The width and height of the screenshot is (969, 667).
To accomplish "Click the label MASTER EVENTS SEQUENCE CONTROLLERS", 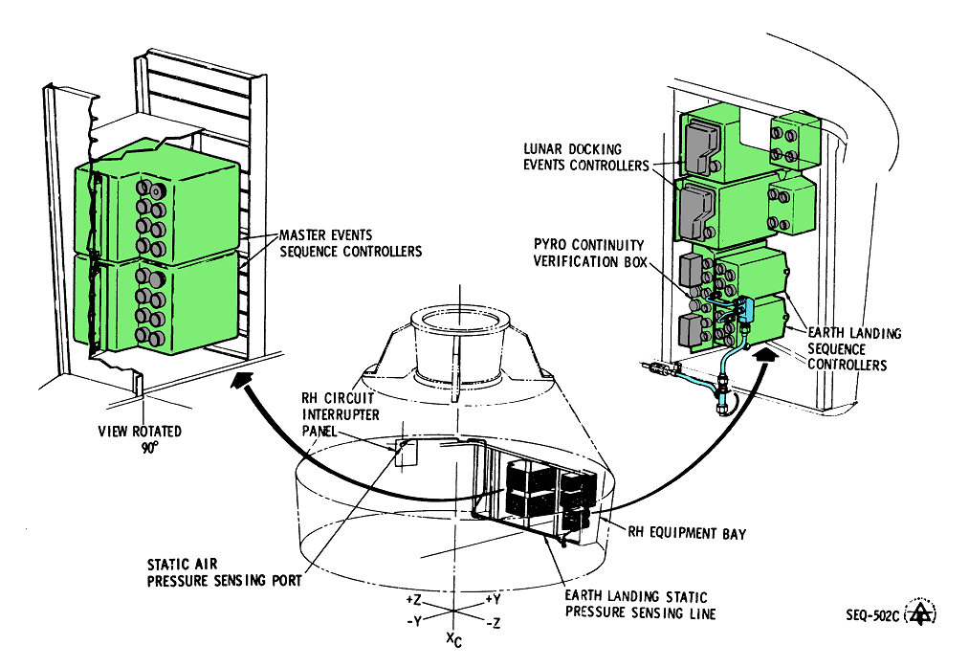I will click(x=349, y=243).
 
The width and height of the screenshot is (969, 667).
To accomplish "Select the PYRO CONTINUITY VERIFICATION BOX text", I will click(x=586, y=254).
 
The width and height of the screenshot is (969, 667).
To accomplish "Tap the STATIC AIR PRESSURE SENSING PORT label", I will click(x=225, y=573).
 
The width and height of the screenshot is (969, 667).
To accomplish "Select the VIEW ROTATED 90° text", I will click(x=140, y=438).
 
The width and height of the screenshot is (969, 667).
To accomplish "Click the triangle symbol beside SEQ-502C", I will click(x=922, y=613).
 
